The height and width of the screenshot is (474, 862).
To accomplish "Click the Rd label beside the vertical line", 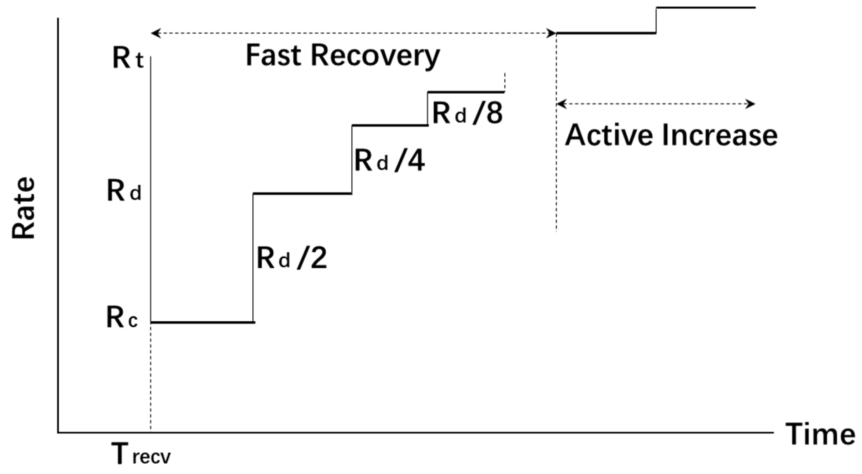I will pyautogui.click(x=124, y=192).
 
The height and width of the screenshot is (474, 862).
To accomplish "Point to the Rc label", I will pyautogui.click(x=122, y=318).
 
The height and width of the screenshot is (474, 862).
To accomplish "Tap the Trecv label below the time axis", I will pyautogui.click(x=141, y=454).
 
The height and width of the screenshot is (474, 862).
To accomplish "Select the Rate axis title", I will pyautogui.click(x=23, y=208).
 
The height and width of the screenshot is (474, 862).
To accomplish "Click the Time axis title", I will pyautogui.click(x=820, y=434).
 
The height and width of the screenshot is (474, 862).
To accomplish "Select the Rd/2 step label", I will pyautogui.click(x=291, y=258).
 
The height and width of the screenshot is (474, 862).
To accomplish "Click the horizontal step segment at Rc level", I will pyautogui.click(x=202, y=322).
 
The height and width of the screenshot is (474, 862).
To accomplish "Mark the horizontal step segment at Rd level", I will pyautogui.click(x=302, y=194).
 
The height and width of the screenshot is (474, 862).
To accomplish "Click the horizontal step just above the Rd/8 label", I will pyautogui.click(x=466, y=92).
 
